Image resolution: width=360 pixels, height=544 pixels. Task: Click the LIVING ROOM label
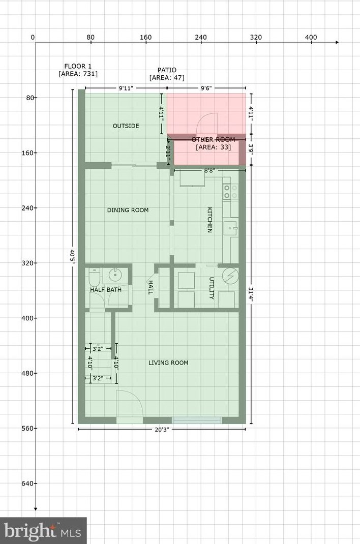168,362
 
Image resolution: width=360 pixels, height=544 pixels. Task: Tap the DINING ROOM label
128,210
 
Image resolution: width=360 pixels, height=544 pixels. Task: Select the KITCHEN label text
209,220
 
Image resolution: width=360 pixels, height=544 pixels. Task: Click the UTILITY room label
212,288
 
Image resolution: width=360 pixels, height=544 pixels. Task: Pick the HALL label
151,287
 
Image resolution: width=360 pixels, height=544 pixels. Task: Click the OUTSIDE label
126,126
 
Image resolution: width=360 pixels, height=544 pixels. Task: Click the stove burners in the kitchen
230,192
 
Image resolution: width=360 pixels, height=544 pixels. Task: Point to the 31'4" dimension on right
251,295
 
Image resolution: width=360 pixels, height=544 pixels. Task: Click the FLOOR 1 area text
78,70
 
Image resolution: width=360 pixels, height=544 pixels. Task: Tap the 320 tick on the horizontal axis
256,37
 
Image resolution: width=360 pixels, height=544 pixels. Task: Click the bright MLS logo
43,531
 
